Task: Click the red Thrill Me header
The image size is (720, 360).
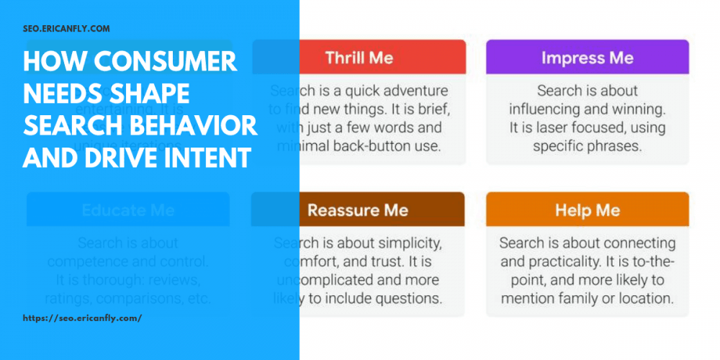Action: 358,58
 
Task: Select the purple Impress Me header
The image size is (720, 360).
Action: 588,58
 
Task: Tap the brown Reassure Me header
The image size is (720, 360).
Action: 358,210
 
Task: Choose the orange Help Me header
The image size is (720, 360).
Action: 588,210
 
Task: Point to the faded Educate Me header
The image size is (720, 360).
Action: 128,210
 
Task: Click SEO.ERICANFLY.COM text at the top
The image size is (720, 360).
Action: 66,30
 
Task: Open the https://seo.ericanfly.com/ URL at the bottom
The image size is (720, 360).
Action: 82,318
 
